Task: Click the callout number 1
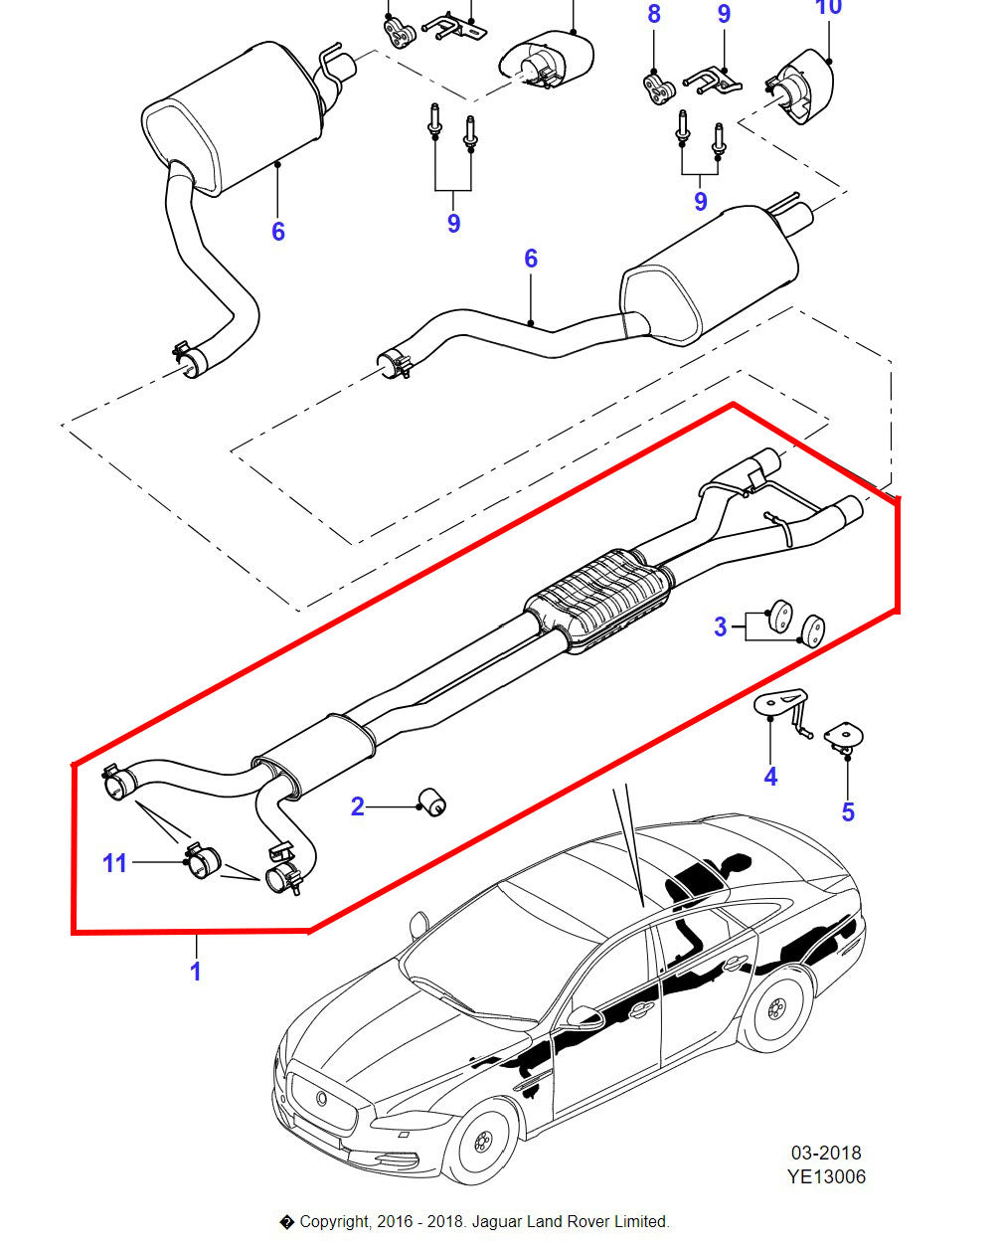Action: coord(196,971)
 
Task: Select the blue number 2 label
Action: coord(358,806)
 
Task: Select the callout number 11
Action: coord(115,862)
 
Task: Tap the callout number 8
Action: coord(653,14)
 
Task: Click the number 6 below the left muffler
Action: coord(278,231)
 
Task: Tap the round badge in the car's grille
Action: coord(322,1097)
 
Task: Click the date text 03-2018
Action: coord(826,1154)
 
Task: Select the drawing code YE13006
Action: coord(826,1177)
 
